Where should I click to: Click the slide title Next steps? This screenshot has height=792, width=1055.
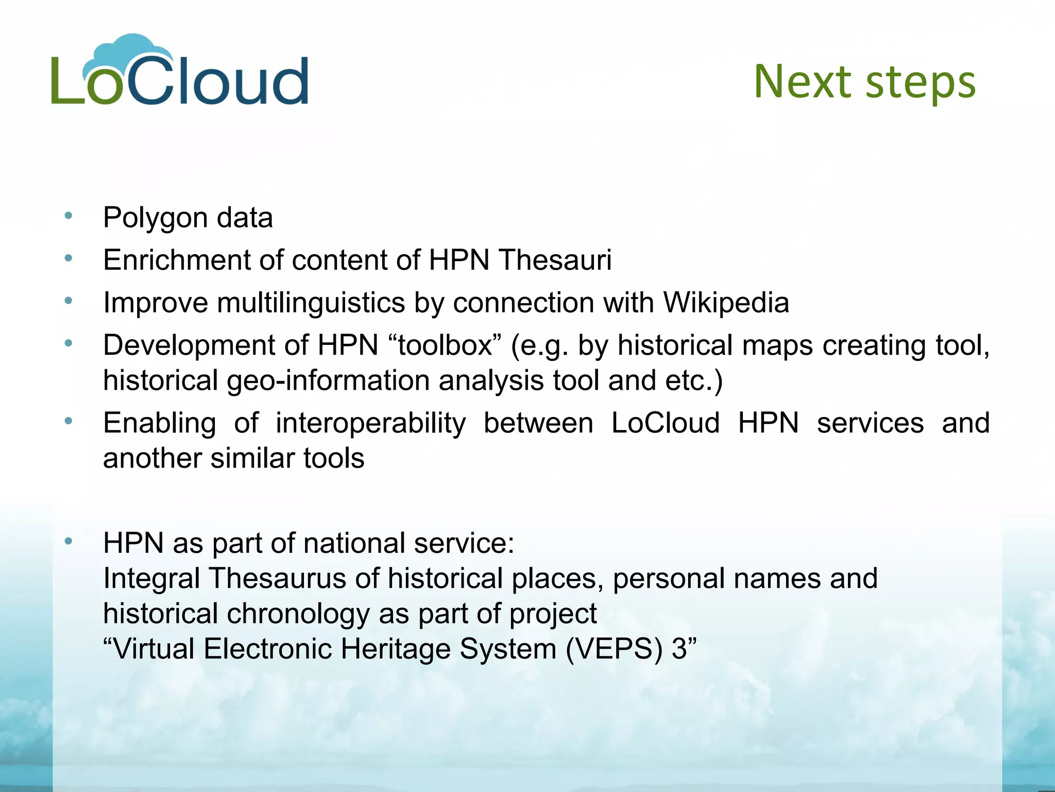click(864, 82)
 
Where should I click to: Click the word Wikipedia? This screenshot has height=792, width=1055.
click(726, 302)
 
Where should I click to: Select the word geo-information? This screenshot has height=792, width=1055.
click(328, 381)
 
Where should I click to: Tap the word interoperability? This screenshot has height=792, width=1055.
click(370, 423)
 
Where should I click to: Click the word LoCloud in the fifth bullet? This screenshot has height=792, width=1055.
click(665, 423)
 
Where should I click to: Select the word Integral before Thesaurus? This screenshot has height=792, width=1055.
click(151, 579)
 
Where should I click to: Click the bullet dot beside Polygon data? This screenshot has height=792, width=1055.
click(68, 216)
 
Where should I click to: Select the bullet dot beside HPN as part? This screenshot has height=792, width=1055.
click(68, 541)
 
